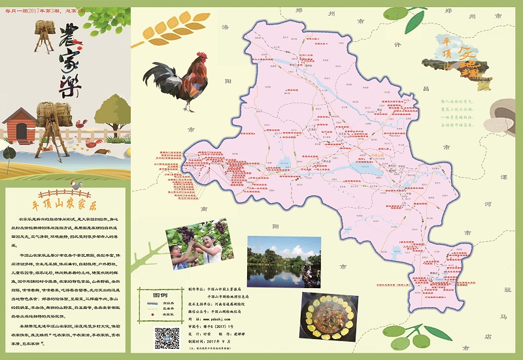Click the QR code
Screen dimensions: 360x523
click(166, 336)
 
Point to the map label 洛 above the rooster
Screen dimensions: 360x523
click(226, 27)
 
